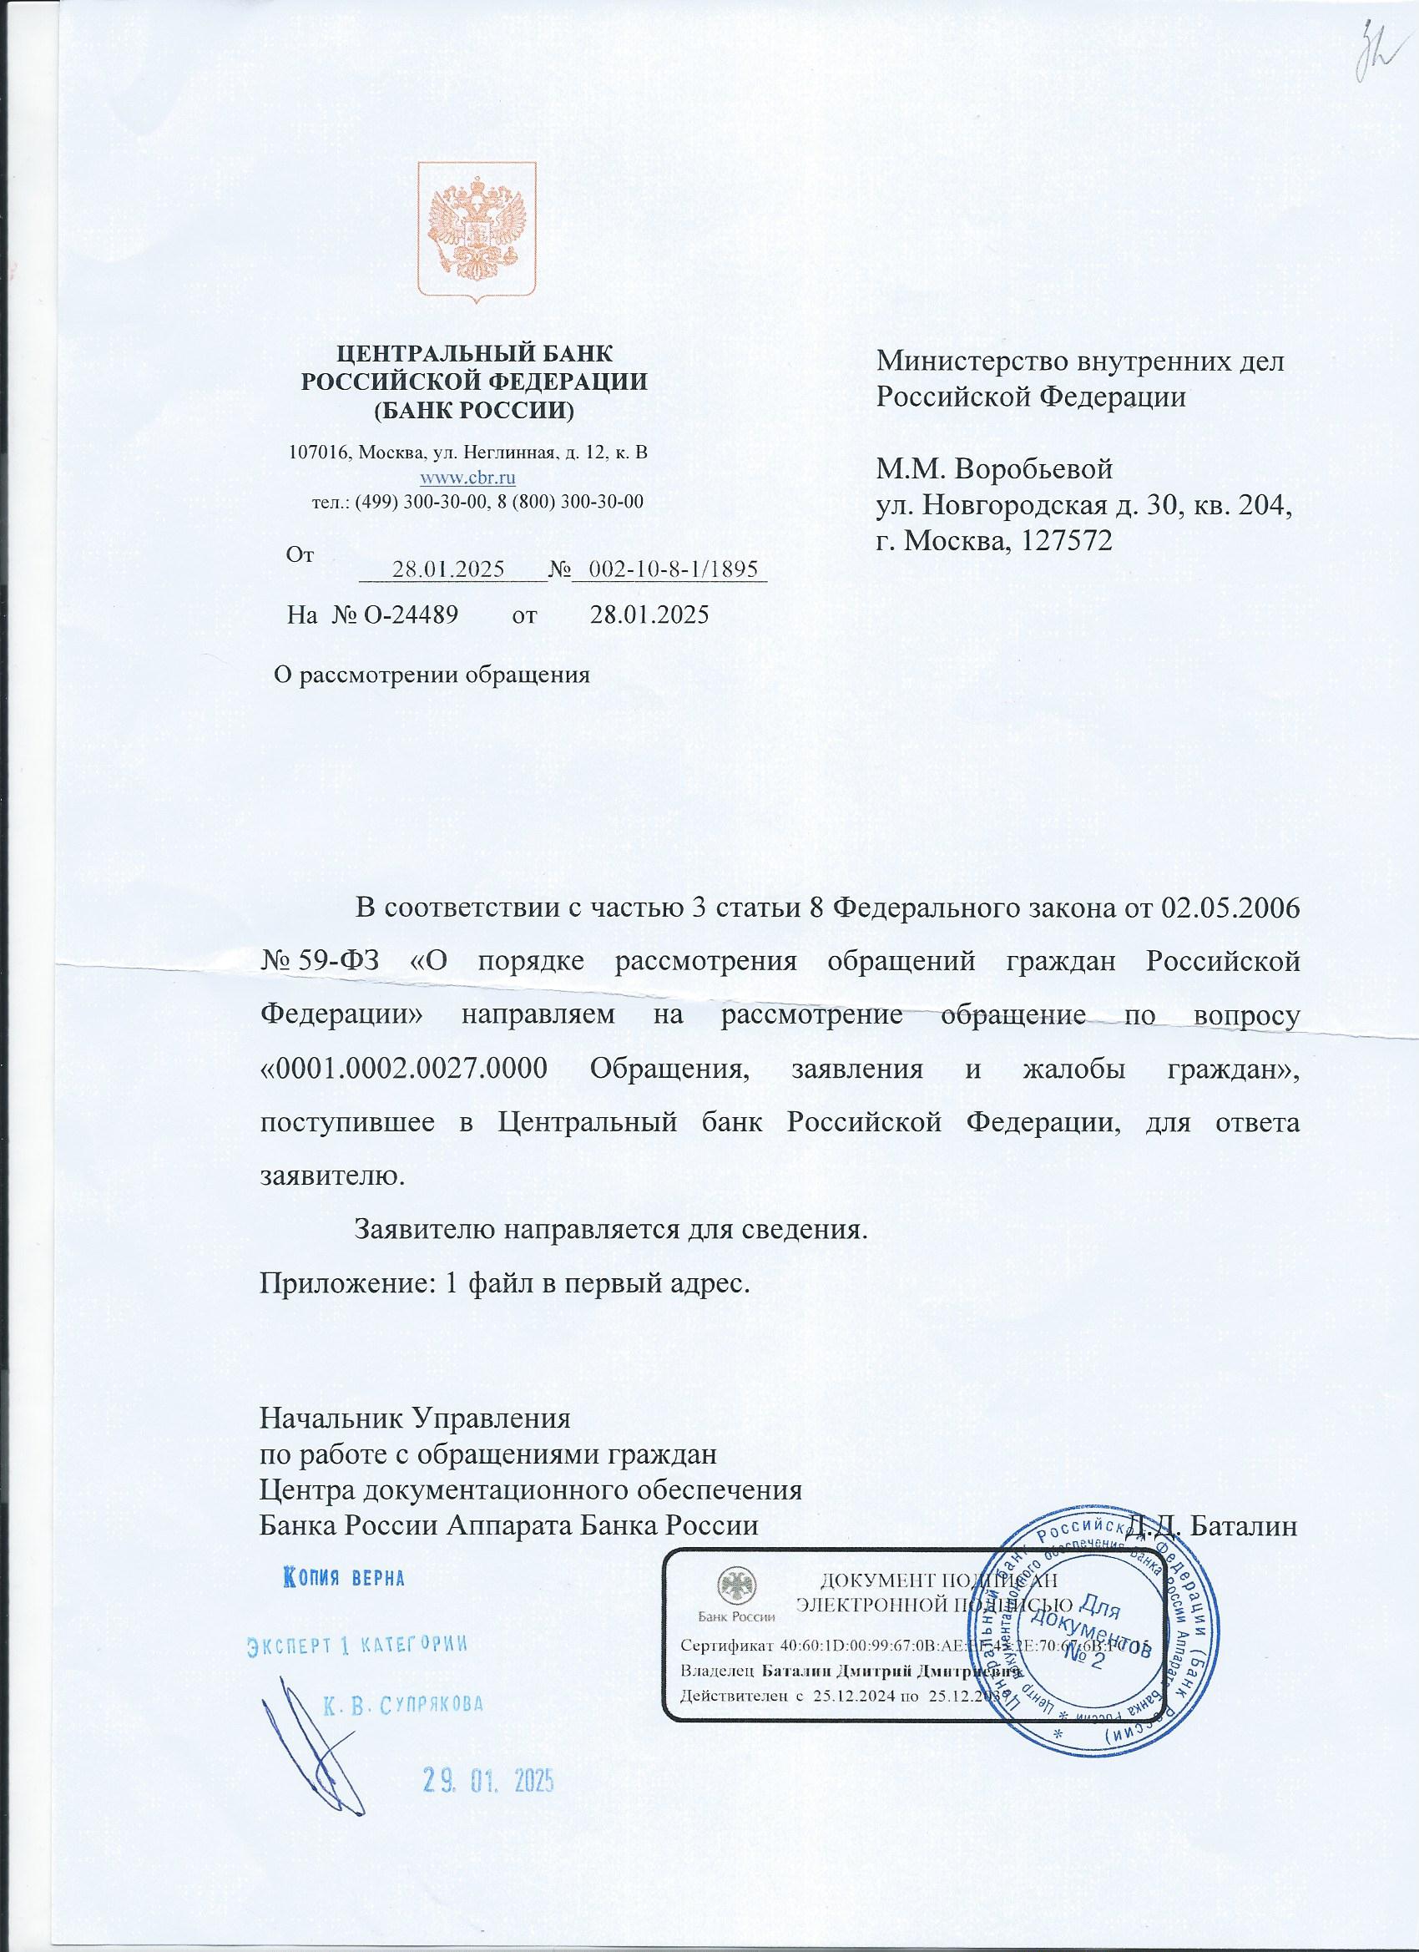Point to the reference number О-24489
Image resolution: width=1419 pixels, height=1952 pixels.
(407, 615)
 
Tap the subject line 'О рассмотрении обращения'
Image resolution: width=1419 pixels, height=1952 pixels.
(431, 674)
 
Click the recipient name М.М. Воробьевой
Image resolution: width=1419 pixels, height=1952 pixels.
(994, 470)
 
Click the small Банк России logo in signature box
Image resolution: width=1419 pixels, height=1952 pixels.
(735, 1594)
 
